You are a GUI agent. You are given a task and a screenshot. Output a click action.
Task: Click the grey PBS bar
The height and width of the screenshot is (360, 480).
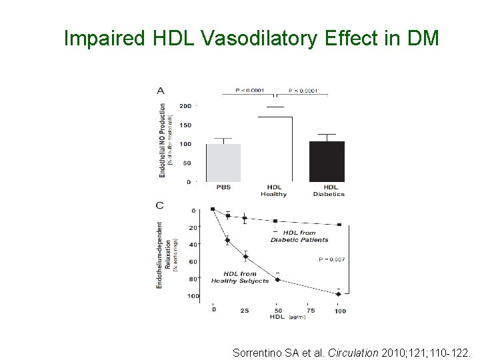(x=223, y=162)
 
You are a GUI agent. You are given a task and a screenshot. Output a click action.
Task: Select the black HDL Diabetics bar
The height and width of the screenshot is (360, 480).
(x=327, y=161)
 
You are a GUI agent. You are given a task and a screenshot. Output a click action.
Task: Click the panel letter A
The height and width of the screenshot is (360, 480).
(x=160, y=91)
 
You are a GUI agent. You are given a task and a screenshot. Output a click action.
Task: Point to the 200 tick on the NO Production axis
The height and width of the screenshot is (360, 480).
(x=185, y=106)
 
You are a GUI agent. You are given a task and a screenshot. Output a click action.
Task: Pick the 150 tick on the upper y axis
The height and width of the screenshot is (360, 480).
(x=185, y=125)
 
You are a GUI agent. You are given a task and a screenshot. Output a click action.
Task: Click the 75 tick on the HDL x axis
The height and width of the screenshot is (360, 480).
(x=310, y=311)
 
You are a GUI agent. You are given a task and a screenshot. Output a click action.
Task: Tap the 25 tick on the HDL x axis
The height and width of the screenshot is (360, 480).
(x=245, y=311)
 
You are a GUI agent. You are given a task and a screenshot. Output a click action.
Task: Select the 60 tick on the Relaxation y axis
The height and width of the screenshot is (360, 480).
(x=193, y=262)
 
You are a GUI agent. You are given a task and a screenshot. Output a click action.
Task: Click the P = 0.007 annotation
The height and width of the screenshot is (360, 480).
(x=332, y=259)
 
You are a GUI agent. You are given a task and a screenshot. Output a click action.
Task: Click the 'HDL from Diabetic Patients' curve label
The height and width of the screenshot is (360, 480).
(x=299, y=236)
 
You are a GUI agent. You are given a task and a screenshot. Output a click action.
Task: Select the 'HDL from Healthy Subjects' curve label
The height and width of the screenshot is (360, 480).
(x=240, y=277)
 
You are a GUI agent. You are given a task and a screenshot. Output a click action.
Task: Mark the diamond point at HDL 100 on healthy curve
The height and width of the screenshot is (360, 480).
(x=339, y=294)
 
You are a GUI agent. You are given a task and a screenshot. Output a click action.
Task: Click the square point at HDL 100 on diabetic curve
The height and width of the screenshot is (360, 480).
(x=339, y=225)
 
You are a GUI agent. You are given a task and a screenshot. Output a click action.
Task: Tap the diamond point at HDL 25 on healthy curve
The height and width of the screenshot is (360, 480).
(x=245, y=257)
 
